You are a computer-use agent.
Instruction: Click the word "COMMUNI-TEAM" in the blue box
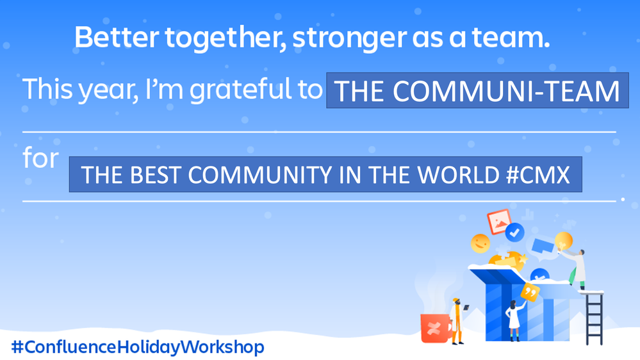[506, 91]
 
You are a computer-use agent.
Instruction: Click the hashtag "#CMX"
[537, 175]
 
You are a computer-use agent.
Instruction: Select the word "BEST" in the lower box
[156, 175]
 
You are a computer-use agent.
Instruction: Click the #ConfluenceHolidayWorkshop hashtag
[138, 347]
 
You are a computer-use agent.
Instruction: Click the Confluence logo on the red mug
[433, 328]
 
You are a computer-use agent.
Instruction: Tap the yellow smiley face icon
[480, 243]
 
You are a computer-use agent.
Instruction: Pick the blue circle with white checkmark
[514, 233]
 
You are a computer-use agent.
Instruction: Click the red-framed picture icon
[499, 222]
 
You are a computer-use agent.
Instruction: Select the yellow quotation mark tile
[530, 292]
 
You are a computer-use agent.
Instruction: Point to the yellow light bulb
[563, 240]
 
